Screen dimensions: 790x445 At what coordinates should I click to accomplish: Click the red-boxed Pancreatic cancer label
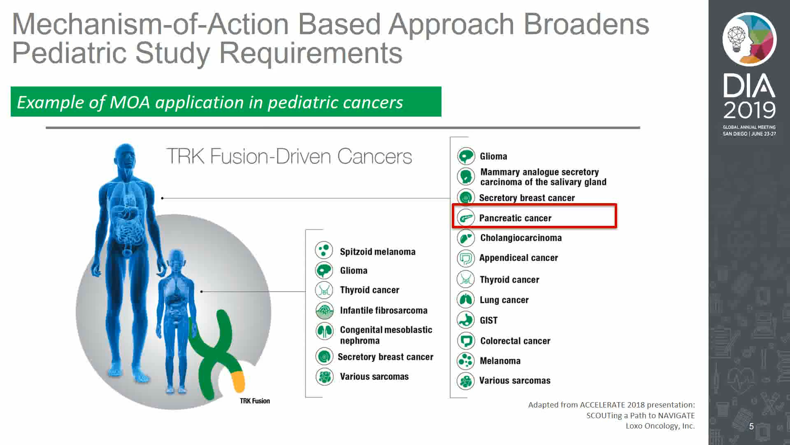pyautogui.click(x=515, y=218)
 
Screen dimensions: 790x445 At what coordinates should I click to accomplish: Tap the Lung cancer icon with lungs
pyautogui.click(x=466, y=300)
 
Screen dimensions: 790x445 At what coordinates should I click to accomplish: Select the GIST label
pyautogui.click(x=488, y=320)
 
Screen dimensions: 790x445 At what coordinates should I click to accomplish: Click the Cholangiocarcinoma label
pyautogui.click(x=521, y=238)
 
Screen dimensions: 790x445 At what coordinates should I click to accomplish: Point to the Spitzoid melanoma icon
pyautogui.click(x=324, y=250)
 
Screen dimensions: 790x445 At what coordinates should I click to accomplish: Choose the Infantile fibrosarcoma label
pyautogui.click(x=383, y=310)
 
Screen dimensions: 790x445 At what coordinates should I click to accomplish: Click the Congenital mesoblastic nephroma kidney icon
pyautogui.click(x=324, y=331)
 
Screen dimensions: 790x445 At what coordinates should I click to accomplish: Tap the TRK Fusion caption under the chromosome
pyautogui.click(x=255, y=401)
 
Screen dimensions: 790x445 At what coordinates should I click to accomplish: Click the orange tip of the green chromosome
pyautogui.click(x=238, y=381)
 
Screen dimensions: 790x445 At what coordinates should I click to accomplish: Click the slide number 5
pyautogui.click(x=751, y=426)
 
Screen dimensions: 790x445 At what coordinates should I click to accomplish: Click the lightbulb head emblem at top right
pyautogui.click(x=750, y=40)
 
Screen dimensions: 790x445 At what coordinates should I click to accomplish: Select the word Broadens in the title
pyautogui.click(x=586, y=24)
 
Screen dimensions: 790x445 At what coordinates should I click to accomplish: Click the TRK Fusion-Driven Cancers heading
pyautogui.click(x=289, y=156)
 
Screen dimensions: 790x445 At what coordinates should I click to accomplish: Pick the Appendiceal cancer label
pyautogui.click(x=518, y=258)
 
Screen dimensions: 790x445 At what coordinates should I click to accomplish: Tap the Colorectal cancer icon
pyautogui.click(x=466, y=341)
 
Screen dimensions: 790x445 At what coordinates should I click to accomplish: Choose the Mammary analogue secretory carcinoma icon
pyautogui.click(x=466, y=176)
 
